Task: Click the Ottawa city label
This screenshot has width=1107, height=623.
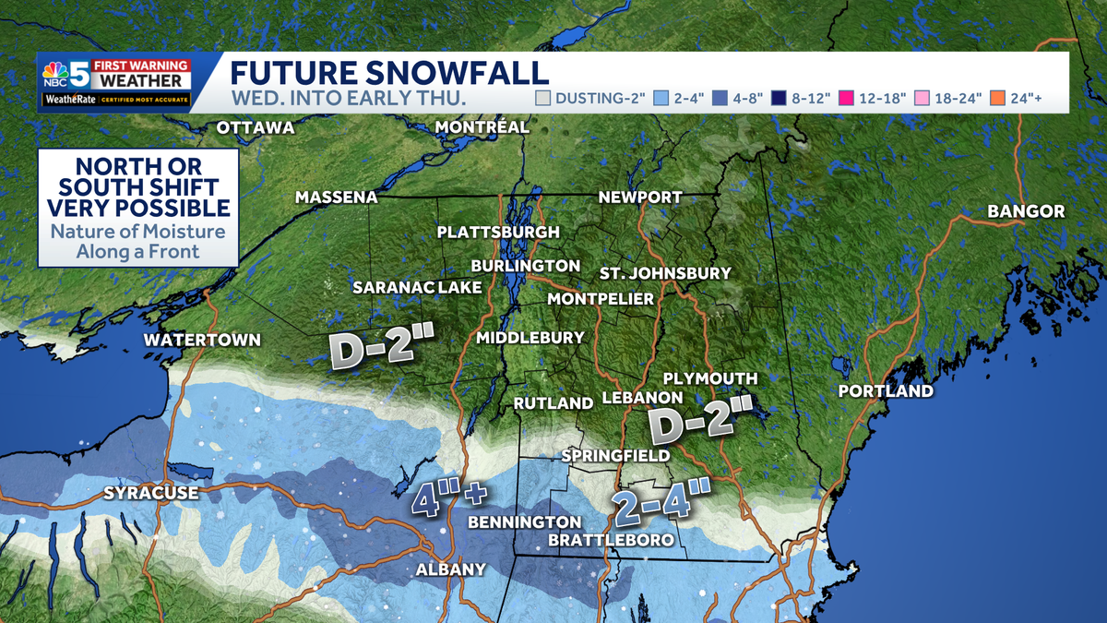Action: tap(256, 127)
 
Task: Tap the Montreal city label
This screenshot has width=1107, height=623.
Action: tap(482, 126)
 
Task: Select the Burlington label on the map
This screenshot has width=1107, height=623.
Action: tap(525, 266)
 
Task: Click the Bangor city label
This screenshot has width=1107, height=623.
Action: tap(1026, 211)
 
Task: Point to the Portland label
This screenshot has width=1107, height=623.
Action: tap(885, 391)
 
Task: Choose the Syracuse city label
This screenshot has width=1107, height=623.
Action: tap(150, 493)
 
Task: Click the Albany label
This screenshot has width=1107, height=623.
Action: tap(450, 569)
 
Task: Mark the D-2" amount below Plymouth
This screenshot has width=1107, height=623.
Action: tap(700, 421)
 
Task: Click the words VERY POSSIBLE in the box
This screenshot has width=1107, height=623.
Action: tap(138, 208)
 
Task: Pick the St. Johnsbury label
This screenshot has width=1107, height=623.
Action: tap(664, 273)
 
